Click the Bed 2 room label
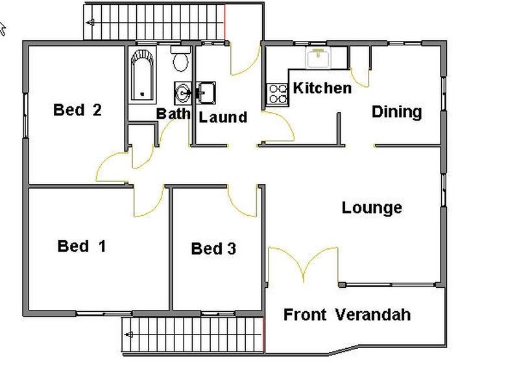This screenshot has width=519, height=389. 77,110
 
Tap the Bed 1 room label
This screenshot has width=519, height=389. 82,246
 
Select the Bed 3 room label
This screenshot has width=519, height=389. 213,248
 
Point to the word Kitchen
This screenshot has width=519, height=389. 322,88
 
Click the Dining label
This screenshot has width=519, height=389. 396,112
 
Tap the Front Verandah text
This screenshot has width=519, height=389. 347,315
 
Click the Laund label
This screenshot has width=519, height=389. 223,117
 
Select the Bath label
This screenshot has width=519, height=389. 173,113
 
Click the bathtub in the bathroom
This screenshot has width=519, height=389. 141,75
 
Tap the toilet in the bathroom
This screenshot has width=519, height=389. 180,60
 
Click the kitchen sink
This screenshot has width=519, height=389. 319,58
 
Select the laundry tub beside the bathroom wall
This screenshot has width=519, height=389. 207,91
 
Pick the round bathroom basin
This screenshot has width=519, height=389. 182,93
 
